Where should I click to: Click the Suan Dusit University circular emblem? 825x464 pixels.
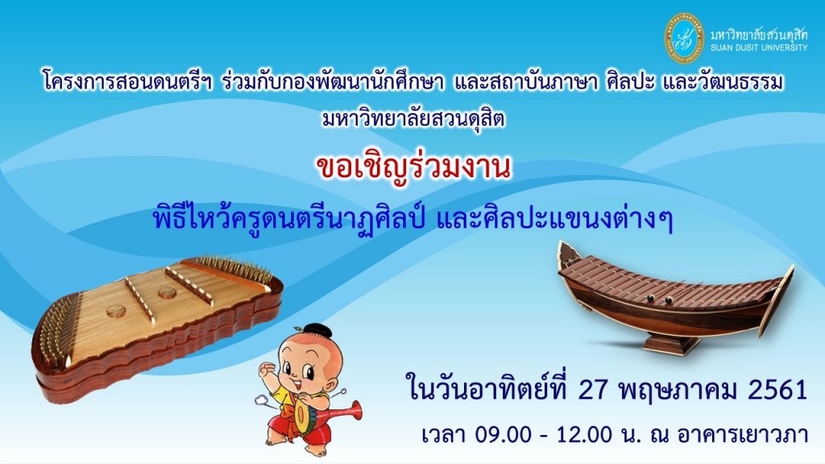pos(684,38)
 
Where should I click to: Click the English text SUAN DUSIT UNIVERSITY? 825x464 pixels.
pos(759,48)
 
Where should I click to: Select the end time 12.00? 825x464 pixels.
pos(585,435)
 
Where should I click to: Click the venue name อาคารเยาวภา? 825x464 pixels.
pos(742,434)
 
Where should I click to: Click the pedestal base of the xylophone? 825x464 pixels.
pos(664,345)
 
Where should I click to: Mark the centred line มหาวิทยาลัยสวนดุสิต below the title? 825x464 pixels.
pos(413,119)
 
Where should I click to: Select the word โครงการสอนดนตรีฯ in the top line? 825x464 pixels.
pos(128,83)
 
